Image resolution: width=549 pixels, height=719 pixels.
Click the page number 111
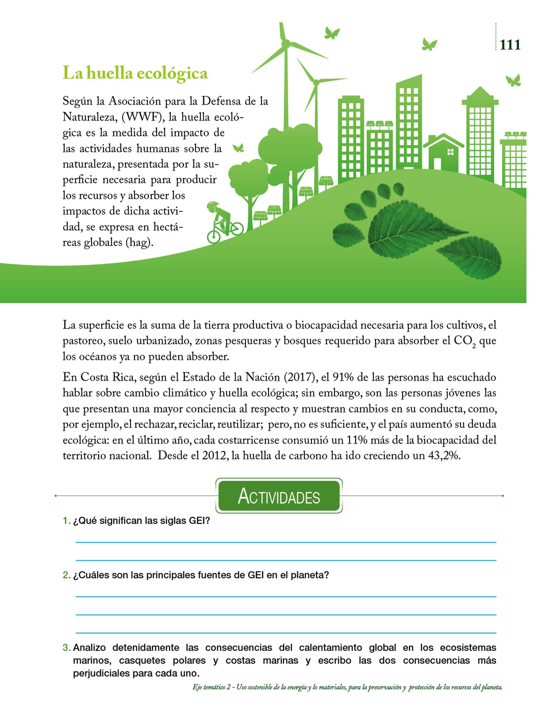click(510, 45)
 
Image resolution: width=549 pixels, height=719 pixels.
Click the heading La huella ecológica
click(135, 73)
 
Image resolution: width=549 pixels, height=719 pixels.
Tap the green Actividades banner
click(279, 496)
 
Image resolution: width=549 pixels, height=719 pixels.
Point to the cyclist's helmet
click(212, 205)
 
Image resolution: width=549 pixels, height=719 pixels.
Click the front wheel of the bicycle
click(236, 229)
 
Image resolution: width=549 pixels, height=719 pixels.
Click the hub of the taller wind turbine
click(286, 43)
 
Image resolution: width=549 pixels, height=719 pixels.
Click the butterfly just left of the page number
click(429, 44)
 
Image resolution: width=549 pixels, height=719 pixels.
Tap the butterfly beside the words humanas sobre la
click(238, 148)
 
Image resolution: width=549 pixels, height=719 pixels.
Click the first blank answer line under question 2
click(286, 596)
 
